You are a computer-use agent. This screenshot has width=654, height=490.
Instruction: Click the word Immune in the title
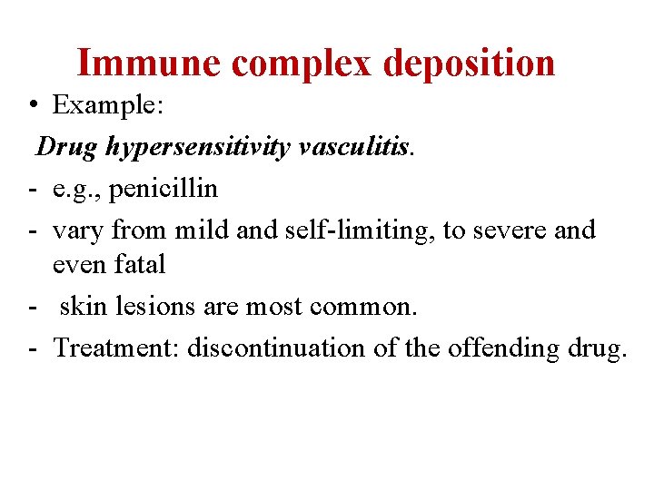click(x=148, y=64)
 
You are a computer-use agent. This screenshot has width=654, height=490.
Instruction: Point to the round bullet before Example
click(x=32, y=106)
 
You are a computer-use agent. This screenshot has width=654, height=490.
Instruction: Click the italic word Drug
click(x=68, y=146)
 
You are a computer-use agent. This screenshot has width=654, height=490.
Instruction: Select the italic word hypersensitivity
click(x=197, y=146)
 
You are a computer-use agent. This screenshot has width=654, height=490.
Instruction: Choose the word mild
click(x=203, y=230)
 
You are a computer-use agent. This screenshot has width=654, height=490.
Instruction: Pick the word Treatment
click(x=115, y=348)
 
